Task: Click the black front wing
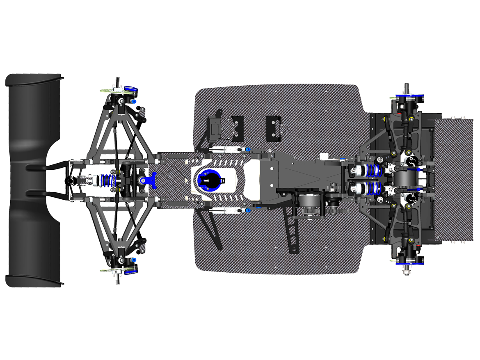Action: coord(29,123)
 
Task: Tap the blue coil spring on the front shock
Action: coord(107,180)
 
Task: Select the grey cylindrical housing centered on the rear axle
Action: coord(406,180)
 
